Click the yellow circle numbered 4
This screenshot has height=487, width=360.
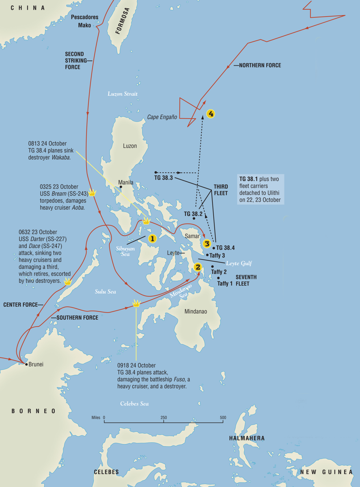click(x=211, y=114)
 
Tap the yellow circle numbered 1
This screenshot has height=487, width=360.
click(x=152, y=239)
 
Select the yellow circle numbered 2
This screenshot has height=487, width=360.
click(x=198, y=267)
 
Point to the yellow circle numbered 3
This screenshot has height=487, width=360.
click(x=207, y=244)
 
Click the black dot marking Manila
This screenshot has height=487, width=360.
click(x=121, y=187)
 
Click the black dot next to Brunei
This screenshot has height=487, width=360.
click(x=26, y=364)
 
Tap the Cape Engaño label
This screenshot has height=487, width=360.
click(x=162, y=117)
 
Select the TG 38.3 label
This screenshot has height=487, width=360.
click(x=163, y=178)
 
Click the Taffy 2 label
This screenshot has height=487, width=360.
click(x=219, y=272)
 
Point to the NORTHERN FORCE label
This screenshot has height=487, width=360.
click(x=260, y=65)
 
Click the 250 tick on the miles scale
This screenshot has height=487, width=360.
click(x=163, y=421)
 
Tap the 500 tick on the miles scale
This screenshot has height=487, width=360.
click(x=223, y=421)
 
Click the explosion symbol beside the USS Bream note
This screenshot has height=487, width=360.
click(x=92, y=193)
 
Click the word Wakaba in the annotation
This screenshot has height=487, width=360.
click(x=61, y=157)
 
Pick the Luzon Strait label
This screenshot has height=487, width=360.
click(x=122, y=94)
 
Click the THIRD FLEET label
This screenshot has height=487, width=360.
click(x=221, y=190)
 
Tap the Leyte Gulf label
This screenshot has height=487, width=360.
click(x=239, y=263)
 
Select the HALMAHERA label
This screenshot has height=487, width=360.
click(x=247, y=438)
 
